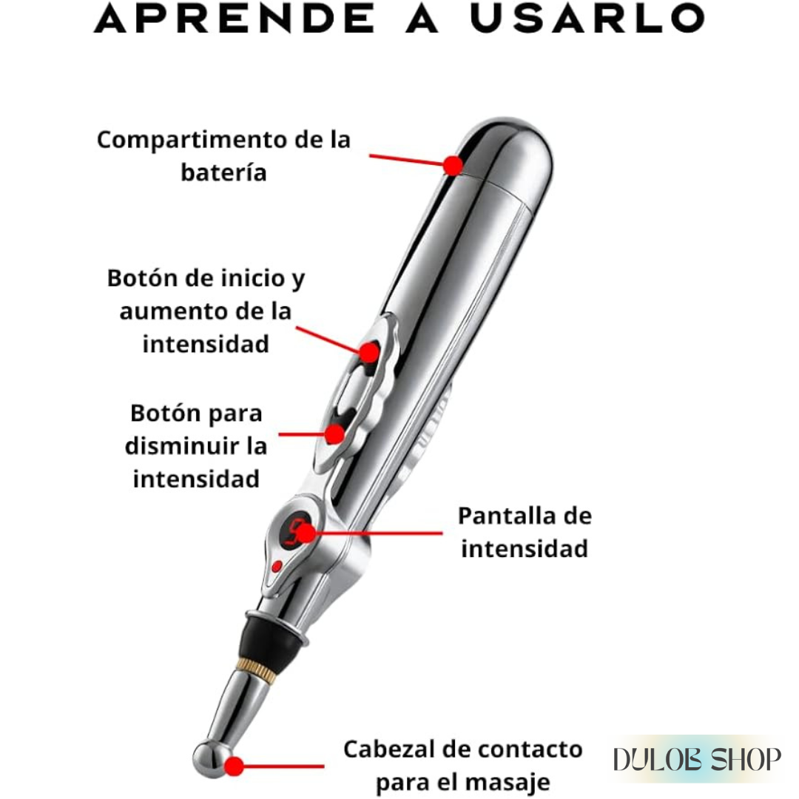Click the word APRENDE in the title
point(235,18)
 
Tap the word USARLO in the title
point(587,18)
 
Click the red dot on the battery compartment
point(452,166)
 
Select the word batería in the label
point(223,172)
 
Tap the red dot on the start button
point(369,352)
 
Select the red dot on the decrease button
point(335,434)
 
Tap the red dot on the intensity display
point(306,533)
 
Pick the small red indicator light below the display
point(277,566)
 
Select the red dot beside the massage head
point(234,766)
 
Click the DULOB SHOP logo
point(697,760)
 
